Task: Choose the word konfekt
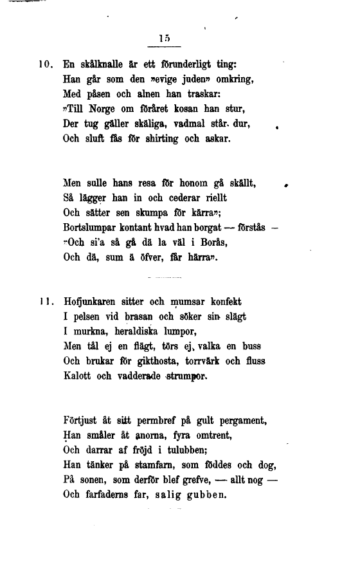(x=225, y=301)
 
